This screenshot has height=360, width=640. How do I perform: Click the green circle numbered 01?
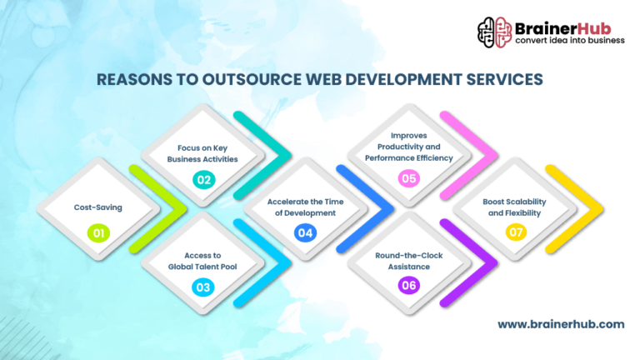point(98,232)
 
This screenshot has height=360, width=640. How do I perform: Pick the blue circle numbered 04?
point(306,232)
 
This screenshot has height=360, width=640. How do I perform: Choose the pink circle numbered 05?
point(408,178)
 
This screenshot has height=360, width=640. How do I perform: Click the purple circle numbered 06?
point(408,287)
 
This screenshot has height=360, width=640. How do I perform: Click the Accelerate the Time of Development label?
point(306,207)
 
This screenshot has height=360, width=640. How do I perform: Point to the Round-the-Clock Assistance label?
point(408,260)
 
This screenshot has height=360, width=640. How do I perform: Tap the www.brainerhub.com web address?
point(561,324)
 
